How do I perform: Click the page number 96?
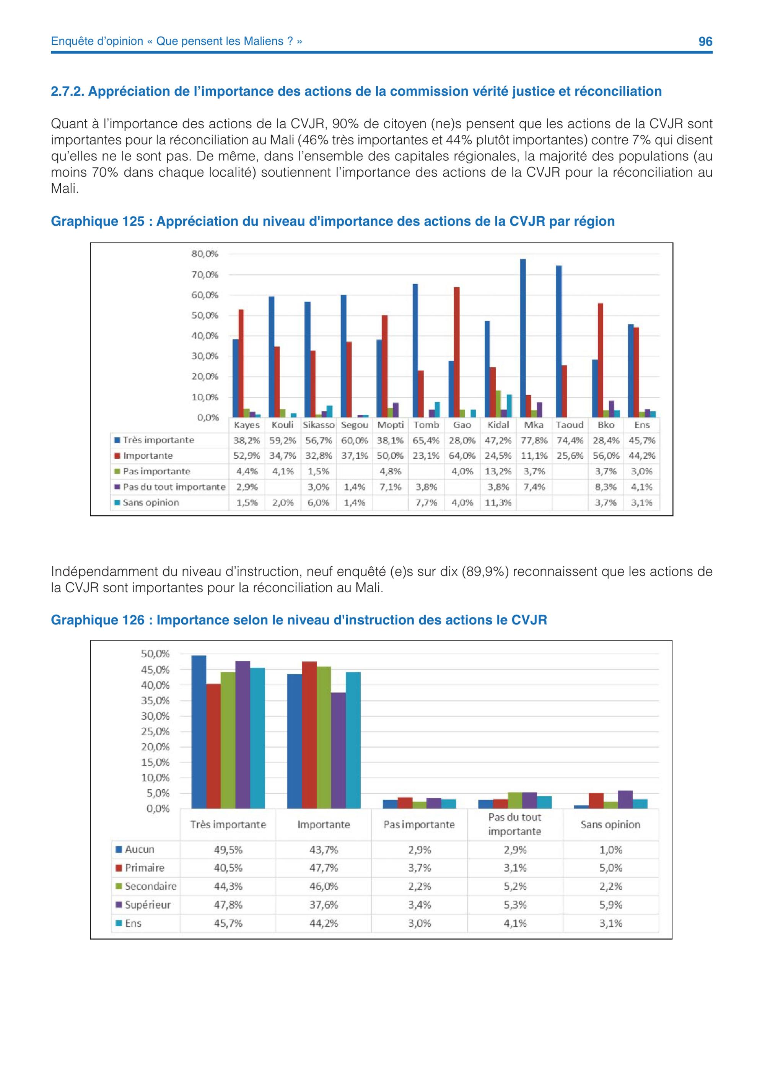705,41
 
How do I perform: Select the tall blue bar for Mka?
523,338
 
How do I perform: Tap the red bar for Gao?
456,352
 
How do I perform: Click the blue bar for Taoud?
559,341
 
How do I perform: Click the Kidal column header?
498,425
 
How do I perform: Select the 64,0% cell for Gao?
462,456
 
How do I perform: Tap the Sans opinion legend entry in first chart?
146,502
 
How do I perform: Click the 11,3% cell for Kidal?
498,502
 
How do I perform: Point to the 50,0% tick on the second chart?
155,653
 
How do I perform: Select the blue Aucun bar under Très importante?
199,732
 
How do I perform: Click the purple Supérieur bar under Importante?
338,750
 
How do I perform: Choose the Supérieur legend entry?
144,905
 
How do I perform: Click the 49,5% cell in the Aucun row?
228,850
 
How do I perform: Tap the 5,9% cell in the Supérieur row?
610,905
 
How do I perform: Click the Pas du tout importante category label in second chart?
514,824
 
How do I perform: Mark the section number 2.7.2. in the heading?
67,91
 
